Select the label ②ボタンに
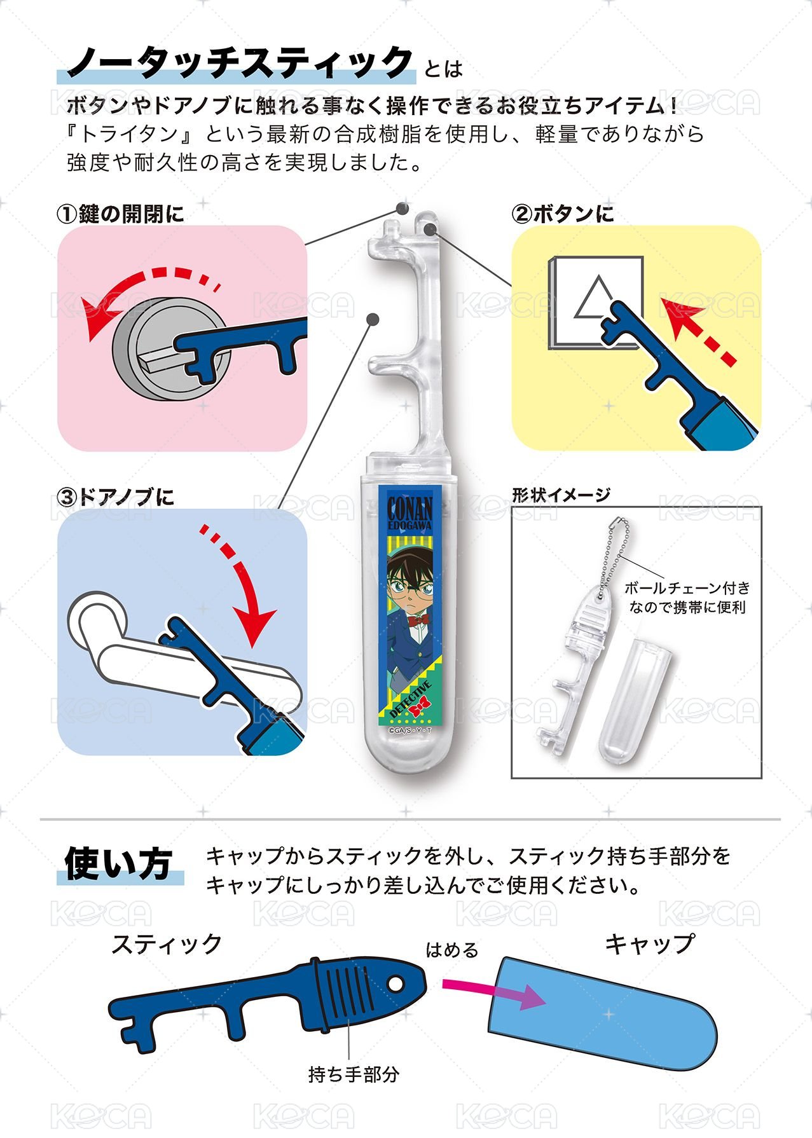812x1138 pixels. click(563, 214)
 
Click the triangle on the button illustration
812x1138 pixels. click(595, 298)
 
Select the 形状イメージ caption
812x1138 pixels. click(561, 495)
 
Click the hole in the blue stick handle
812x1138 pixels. click(396, 984)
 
